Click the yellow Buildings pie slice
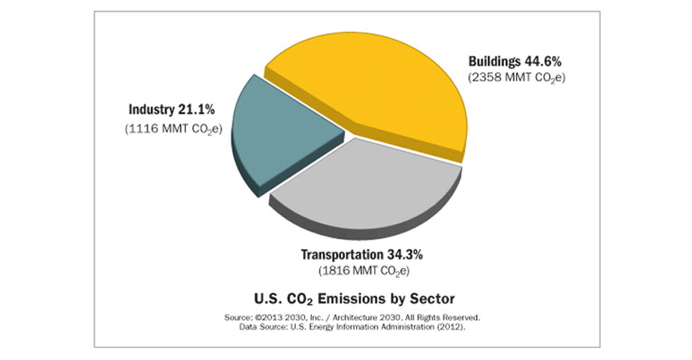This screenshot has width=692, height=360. click(x=373, y=83)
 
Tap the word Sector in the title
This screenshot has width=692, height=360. click(x=434, y=299)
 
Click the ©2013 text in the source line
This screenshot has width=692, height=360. click(x=268, y=317)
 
